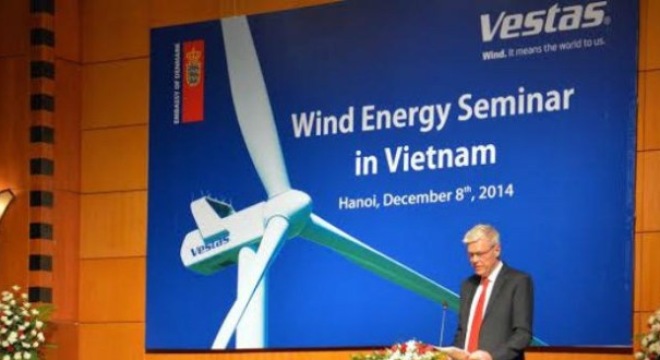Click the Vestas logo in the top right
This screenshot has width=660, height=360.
[543, 21]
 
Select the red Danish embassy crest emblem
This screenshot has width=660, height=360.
[193, 79]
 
